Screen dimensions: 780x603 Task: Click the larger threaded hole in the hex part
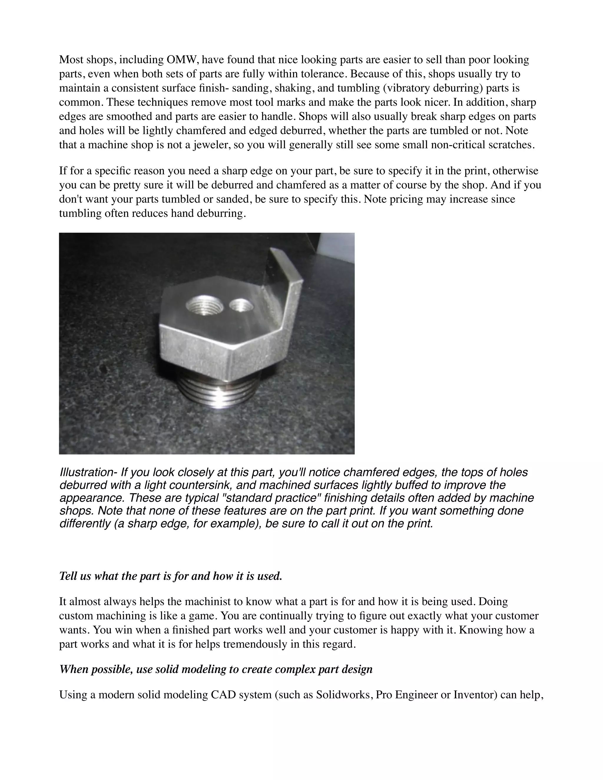click(204, 305)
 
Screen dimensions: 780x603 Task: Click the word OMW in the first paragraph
click(181, 60)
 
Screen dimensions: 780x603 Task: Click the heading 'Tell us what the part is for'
click(171, 576)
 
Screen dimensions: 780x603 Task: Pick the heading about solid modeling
click(216, 669)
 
